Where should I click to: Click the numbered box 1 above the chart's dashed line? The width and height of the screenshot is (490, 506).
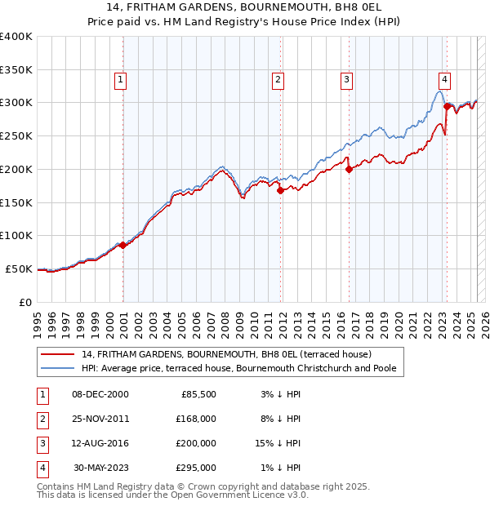point(120,80)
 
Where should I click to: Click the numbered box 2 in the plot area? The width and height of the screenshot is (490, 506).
point(278,80)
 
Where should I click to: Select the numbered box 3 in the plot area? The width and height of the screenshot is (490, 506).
point(347,80)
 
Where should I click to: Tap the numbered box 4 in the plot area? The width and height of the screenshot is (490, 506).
point(444,80)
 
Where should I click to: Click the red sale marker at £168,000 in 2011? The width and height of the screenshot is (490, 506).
point(280,190)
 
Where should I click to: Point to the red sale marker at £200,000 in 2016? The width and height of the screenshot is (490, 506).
point(349,169)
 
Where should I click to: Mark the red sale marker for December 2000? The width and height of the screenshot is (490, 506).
point(122,245)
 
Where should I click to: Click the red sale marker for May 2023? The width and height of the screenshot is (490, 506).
point(446,106)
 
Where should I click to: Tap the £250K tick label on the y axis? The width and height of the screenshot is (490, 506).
point(16,135)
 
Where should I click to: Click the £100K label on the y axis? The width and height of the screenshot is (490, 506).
point(16,235)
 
